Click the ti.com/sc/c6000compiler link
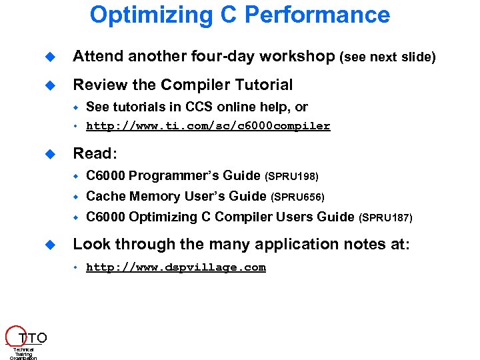(208, 126)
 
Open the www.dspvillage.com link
(176, 267)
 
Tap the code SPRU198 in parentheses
(292, 177)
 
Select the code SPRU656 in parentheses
(298, 197)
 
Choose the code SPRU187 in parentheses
(386, 217)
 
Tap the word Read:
(95, 153)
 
